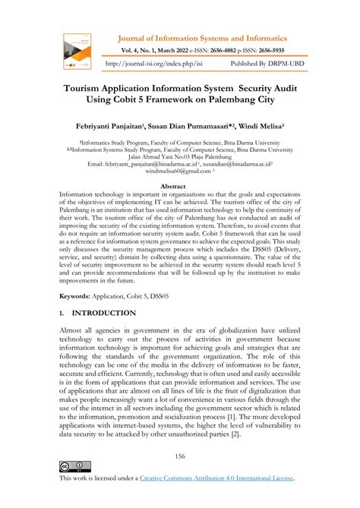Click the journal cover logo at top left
point(74,48)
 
